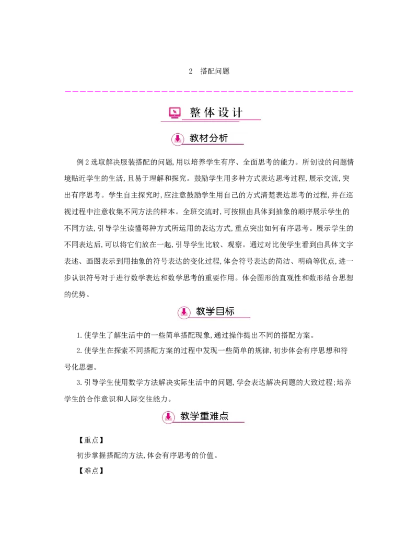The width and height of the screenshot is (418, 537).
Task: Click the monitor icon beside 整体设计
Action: click(x=175, y=112)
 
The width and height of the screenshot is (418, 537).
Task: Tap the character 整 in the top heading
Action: click(x=195, y=112)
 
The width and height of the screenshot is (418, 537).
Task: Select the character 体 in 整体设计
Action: click(x=210, y=112)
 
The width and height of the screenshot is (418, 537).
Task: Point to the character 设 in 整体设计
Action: click(x=224, y=112)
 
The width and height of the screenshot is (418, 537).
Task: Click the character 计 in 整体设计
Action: click(x=238, y=112)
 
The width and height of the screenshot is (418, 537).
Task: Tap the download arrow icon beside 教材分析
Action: click(x=178, y=139)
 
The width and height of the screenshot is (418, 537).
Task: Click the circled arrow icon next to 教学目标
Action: click(x=183, y=312)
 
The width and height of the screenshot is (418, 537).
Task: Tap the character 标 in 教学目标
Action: click(x=230, y=311)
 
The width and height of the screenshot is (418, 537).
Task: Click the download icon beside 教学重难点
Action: click(x=168, y=417)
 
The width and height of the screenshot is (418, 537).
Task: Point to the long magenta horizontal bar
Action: click(x=209, y=92)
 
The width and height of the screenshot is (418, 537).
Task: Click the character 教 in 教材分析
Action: click(x=194, y=138)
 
